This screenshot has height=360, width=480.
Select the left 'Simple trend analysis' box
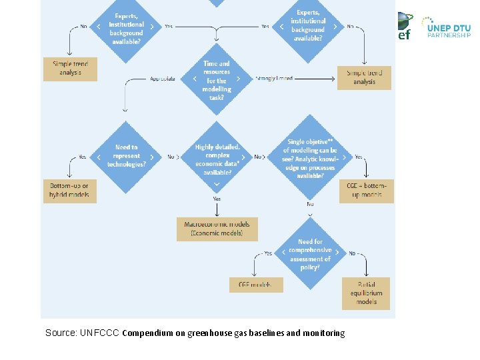pos(70,68)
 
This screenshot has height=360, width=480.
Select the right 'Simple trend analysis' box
pos(364,77)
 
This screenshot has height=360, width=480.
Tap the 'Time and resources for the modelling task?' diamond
pos(217,79)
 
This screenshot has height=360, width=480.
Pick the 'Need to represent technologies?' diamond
pos(126,157)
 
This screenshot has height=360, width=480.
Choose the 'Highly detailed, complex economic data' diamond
pos(217,159)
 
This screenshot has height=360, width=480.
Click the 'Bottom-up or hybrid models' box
pos(69,191)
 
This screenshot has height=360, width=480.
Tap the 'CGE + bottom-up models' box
pos(366,191)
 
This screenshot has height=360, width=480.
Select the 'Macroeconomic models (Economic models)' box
pos(217,229)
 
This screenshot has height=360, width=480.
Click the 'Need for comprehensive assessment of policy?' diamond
pos(310,254)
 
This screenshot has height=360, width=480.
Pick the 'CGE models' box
pos(255,285)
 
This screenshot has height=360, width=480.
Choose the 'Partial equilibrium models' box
pos(366,293)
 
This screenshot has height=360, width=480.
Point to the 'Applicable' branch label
pos(163,79)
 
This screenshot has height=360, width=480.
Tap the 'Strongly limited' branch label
pos(274,79)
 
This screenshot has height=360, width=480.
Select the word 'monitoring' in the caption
pos(324,333)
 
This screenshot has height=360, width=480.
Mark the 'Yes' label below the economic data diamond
pos(217,199)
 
